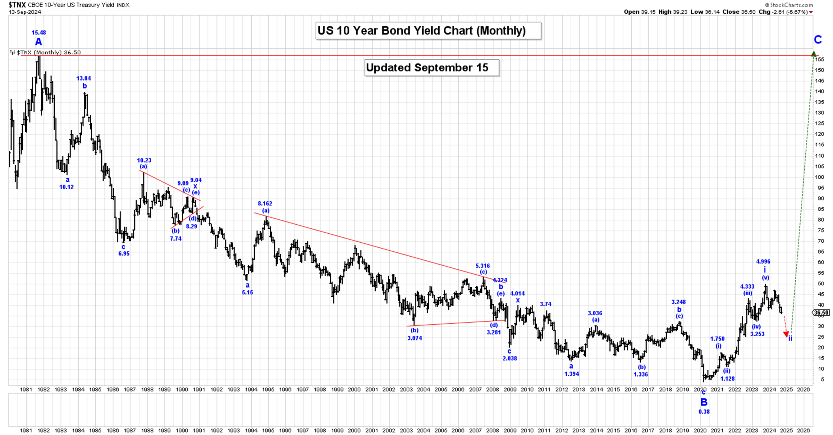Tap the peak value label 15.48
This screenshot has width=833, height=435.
39,33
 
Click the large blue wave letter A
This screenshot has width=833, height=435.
39,42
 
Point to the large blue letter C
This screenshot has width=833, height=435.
818,40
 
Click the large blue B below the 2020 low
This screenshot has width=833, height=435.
704,402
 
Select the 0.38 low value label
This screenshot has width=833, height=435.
704,412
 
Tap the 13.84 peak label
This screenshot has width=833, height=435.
84,78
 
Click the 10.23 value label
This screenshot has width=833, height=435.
144,160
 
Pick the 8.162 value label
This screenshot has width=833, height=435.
265,204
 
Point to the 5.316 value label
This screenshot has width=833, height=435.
483,266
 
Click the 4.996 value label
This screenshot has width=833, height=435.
763,261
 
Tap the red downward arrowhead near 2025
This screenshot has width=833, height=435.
786,334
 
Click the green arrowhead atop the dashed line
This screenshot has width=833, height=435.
814,54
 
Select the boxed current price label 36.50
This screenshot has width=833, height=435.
822,313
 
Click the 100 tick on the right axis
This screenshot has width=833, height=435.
819,177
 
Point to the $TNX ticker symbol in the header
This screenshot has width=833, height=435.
17,5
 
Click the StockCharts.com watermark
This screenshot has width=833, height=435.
789,5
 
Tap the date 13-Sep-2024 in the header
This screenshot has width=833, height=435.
25,12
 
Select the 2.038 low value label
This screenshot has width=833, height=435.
510,358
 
